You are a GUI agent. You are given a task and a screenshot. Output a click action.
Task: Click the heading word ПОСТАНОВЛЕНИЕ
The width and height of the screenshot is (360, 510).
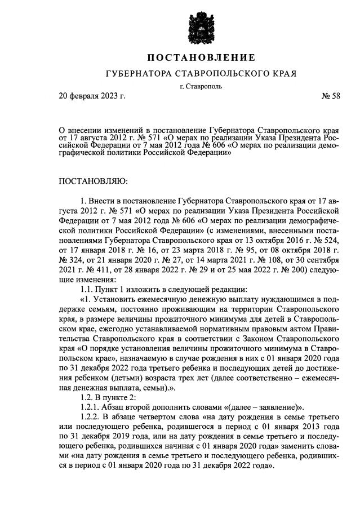(x=202, y=57)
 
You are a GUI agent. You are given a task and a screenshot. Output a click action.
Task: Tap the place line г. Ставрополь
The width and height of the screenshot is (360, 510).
(x=202, y=86)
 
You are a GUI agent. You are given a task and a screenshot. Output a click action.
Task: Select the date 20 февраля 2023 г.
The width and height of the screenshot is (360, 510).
(x=92, y=96)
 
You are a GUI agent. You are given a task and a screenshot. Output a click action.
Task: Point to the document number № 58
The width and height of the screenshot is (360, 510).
(x=331, y=96)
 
